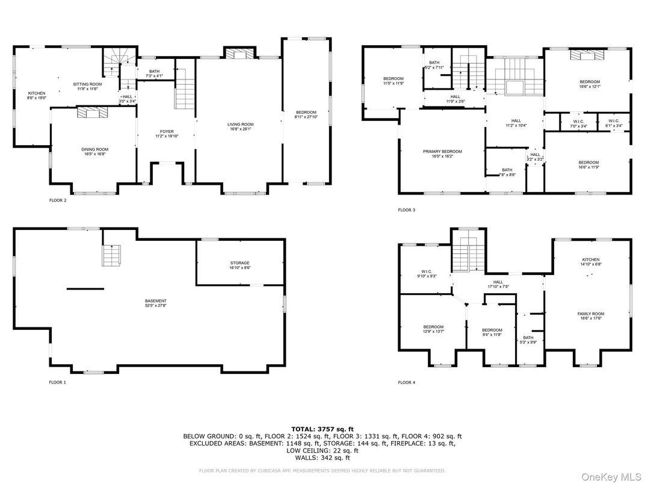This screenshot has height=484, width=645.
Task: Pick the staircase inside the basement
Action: tap(111, 256)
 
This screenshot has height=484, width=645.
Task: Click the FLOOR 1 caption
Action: tap(58, 382)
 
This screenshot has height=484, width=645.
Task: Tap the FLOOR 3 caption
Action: tap(406, 210)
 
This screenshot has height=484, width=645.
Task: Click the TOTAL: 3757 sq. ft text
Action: tap(322, 429)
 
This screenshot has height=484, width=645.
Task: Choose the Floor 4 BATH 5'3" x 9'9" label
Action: tap(528, 340)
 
